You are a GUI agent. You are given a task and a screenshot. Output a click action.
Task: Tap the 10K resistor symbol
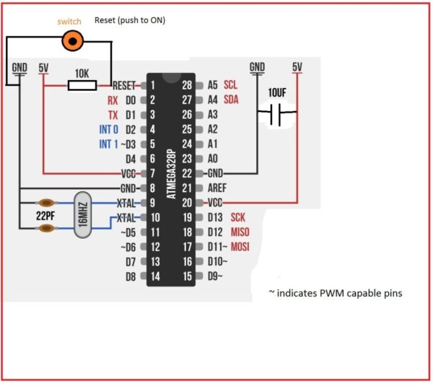tap(82, 85)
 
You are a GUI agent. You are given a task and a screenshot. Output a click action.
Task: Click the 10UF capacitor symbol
tap(276, 114)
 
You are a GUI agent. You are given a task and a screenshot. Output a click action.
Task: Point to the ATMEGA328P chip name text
tap(171, 174)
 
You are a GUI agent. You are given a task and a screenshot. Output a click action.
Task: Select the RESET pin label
tap(124, 84)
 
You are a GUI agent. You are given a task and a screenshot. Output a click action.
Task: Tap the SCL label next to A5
tap(231, 84)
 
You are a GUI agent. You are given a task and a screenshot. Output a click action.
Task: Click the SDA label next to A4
tap(231, 100)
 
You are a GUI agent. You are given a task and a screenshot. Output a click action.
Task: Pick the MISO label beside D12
tap(240, 232)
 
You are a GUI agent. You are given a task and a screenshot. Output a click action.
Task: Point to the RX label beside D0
tap(112, 100)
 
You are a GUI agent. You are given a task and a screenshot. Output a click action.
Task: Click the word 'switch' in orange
tap(70, 22)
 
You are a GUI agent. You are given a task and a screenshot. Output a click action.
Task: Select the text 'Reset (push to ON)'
tap(130, 20)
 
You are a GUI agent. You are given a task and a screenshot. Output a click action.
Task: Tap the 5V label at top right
tap(297, 67)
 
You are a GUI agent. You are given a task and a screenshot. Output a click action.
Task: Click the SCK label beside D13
tap(238, 217)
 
